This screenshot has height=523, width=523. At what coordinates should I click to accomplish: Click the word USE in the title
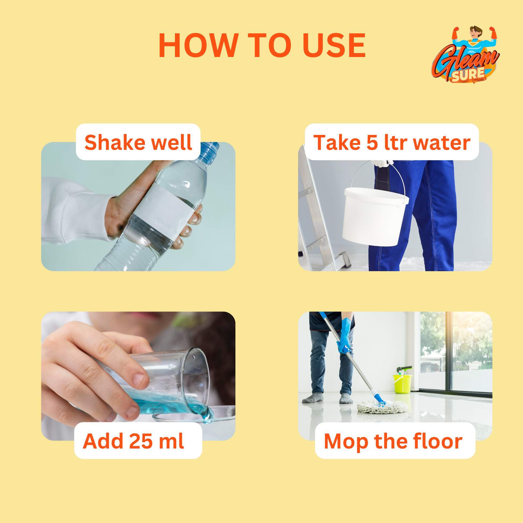pos(334,45)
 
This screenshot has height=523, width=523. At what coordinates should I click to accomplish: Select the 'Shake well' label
pos(138,142)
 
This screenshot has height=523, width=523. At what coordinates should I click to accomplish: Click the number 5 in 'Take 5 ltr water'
pos(372,142)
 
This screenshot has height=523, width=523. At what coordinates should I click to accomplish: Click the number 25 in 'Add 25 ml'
pos(141,441)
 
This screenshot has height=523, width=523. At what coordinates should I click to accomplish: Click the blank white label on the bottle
pos(165,209)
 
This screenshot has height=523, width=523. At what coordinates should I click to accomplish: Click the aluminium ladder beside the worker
pos(315,217)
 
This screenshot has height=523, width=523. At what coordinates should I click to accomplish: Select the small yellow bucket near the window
pos(402,384)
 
